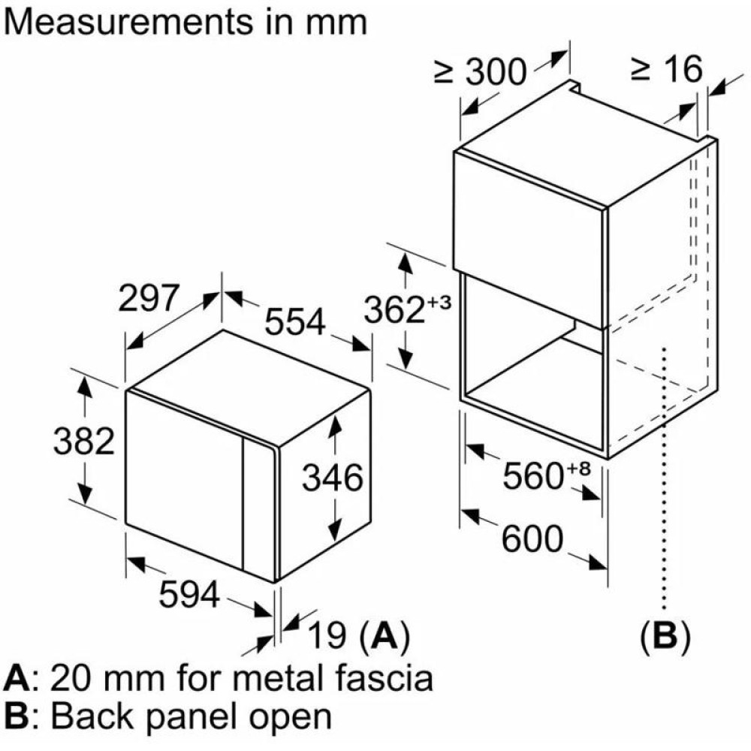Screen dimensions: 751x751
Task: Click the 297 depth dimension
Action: point(149,297)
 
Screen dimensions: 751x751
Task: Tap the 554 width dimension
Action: point(295,321)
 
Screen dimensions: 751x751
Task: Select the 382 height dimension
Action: point(84,441)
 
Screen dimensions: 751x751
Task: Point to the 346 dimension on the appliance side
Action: point(333,478)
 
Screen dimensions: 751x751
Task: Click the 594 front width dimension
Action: point(190,594)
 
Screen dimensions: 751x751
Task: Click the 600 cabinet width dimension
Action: point(532,538)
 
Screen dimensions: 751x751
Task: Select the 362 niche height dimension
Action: point(394,310)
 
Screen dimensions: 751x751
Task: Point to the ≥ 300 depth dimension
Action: point(481,72)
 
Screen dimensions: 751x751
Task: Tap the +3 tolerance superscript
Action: point(439,302)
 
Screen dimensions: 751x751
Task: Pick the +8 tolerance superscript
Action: point(578,468)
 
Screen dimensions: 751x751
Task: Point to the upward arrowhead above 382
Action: point(85,385)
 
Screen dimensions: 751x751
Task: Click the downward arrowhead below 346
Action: point(335,531)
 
